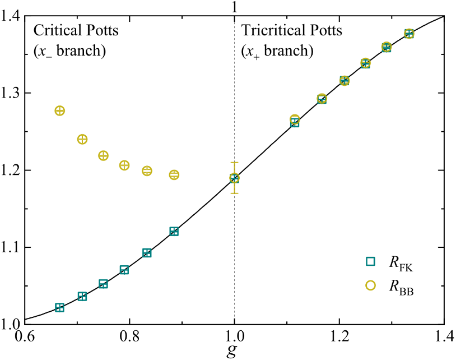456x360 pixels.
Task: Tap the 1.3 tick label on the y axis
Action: click(x=11, y=93)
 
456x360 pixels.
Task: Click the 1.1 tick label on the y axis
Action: click(x=11, y=247)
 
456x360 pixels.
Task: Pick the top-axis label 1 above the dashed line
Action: click(x=234, y=7)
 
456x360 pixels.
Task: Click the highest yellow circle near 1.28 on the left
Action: click(x=59, y=110)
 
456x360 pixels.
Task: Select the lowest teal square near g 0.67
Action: click(x=59, y=308)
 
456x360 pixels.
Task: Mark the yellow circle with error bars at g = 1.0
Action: click(x=234, y=178)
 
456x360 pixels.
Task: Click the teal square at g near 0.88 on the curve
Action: click(x=174, y=232)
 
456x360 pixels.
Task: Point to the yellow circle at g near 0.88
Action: click(x=174, y=175)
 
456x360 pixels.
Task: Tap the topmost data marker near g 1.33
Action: click(x=409, y=34)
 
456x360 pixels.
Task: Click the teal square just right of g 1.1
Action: click(x=295, y=123)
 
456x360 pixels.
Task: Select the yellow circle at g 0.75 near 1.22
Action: click(x=103, y=155)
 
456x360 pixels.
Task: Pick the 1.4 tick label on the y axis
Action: click(x=11, y=16)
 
